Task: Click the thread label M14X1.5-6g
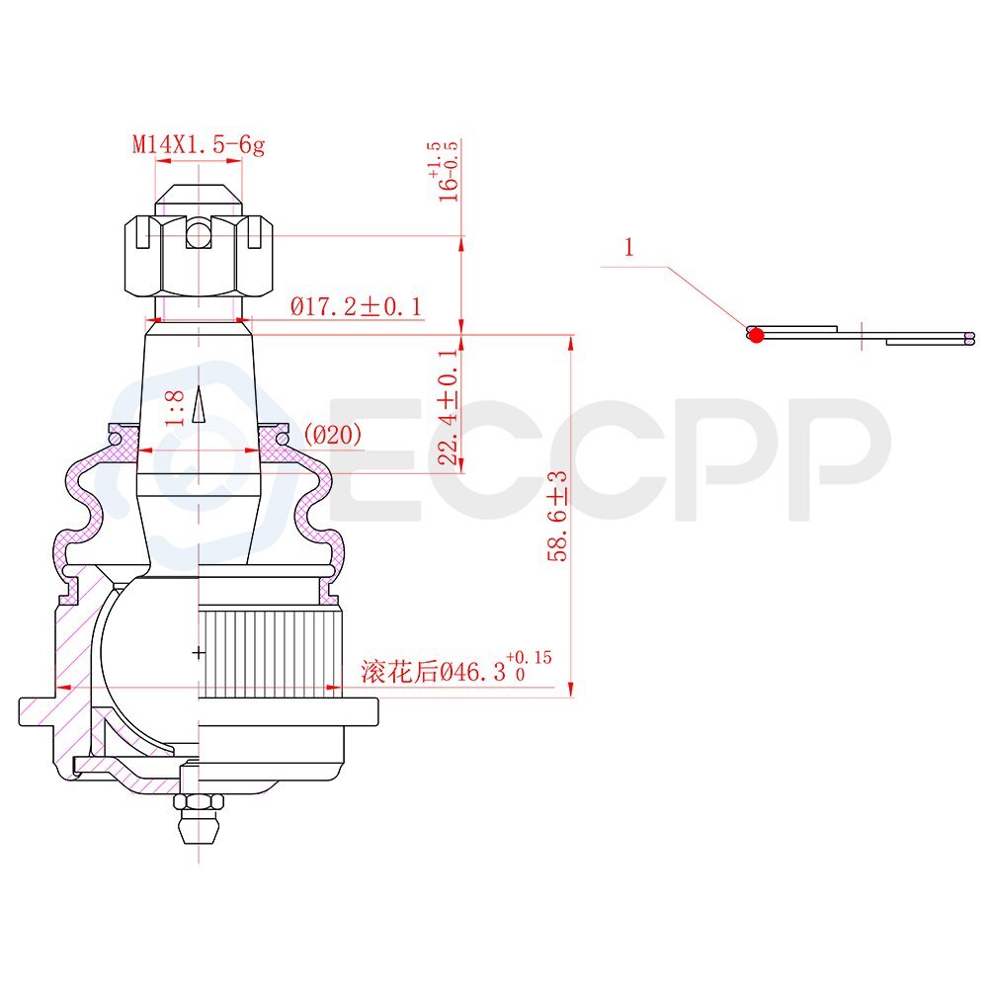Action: [199, 145]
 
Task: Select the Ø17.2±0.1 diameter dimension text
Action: [356, 307]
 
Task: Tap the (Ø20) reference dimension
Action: [333, 434]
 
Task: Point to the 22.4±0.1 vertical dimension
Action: [448, 407]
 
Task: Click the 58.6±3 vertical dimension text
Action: [557, 516]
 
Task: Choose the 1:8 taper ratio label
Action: [175, 408]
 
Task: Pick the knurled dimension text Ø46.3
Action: [473, 672]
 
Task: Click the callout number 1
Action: [628, 247]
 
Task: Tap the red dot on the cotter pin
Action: [756, 335]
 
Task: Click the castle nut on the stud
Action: [199, 255]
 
